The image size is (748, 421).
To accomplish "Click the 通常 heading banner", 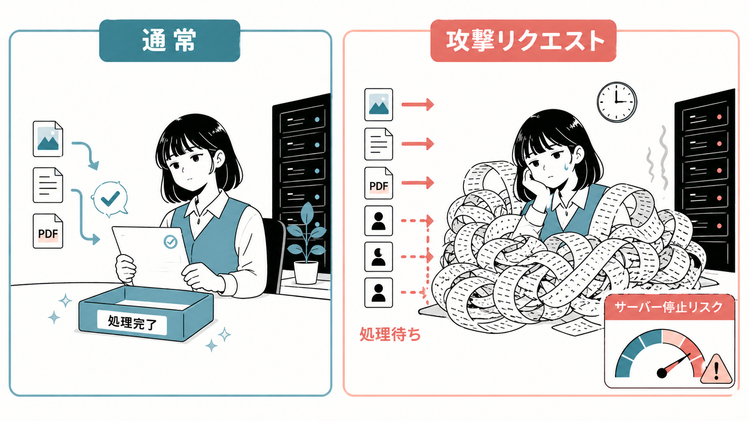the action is pyautogui.click(x=170, y=41).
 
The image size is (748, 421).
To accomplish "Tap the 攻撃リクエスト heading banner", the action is pyautogui.click(x=523, y=41).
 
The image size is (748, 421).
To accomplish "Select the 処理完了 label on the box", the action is pyautogui.click(x=132, y=322).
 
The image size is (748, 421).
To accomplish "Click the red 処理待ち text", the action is pyautogui.click(x=390, y=334).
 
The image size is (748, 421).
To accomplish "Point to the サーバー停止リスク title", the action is pyautogui.click(x=669, y=307).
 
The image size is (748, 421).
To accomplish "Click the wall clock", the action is pyautogui.click(x=617, y=102).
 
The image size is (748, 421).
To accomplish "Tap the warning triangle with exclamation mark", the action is pyautogui.click(x=716, y=369).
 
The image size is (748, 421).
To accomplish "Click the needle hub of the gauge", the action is pyautogui.click(x=662, y=373).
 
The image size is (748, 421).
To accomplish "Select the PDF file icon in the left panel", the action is pyautogui.click(x=48, y=231).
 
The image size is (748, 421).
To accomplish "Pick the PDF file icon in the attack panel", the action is pyautogui.click(x=378, y=183).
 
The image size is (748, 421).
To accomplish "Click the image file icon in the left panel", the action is pyautogui.click(x=48, y=139).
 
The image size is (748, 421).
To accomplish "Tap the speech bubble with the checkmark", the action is pyautogui.click(x=110, y=199).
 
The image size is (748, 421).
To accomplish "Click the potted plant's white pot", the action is pyautogui.click(x=306, y=272).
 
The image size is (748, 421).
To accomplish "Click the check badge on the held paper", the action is pyautogui.click(x=170, y=242).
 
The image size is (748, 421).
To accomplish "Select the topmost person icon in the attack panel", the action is pyautogui.click(x=378, y=221).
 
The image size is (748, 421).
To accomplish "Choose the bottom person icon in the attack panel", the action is pyautogui.click(x=378, y=293).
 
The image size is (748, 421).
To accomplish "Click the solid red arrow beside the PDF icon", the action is pyautogui.click(x=417, y=183).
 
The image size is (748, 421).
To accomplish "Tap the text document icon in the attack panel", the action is pyautogui.click(x=378, y=144).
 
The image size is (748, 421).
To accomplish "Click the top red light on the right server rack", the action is pyautogui.click(x=719, y=117).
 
